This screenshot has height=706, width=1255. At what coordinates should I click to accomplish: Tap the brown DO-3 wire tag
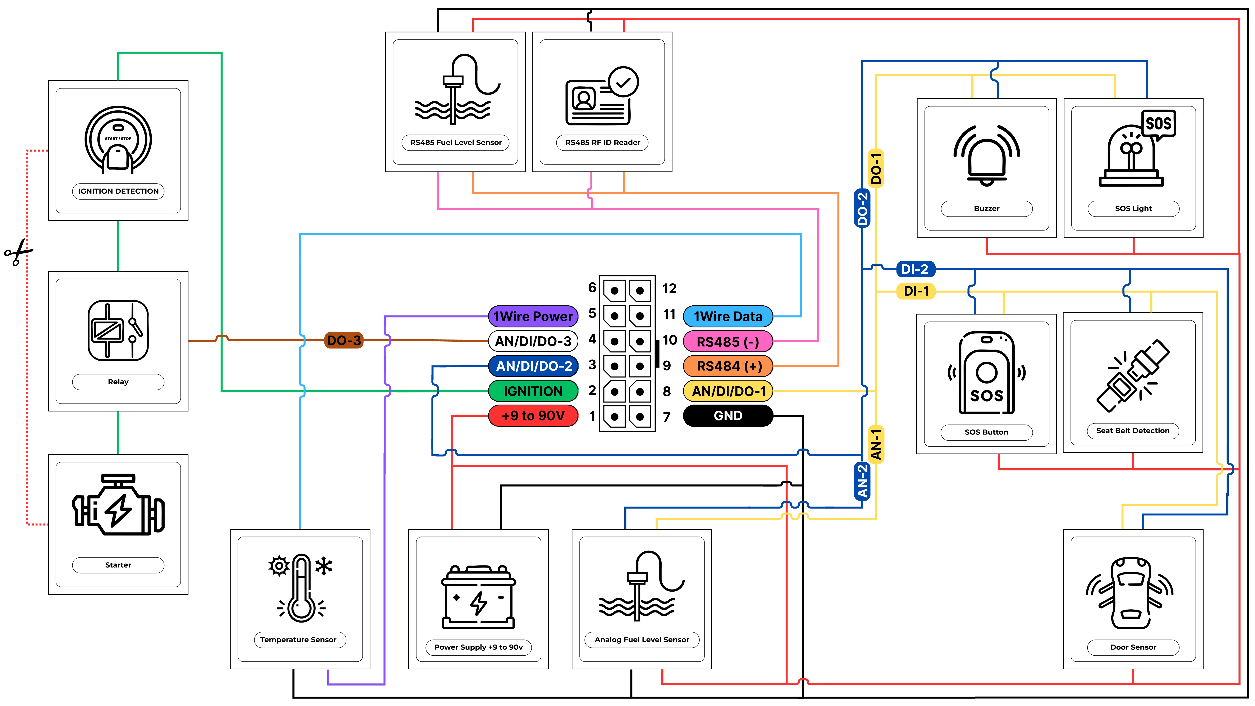coord(344,340)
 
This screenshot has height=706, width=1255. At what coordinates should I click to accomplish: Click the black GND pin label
coord(728,416)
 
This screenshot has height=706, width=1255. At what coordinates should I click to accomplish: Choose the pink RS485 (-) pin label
coord(728,342)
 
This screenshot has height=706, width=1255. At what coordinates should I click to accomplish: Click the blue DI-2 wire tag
coord(915,269)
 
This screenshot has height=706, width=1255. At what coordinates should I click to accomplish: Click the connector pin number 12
coord(669,288)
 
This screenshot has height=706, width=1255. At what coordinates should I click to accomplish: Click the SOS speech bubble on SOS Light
coord(1159,124)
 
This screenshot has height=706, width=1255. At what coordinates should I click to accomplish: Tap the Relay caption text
coord(118,382)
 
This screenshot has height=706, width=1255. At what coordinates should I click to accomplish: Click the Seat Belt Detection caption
coord(1133,431)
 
